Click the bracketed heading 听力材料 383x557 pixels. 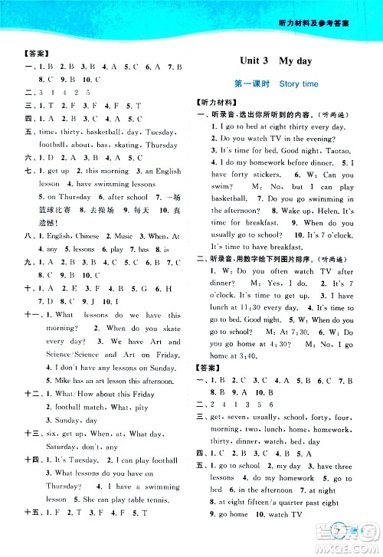(217, 101)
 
